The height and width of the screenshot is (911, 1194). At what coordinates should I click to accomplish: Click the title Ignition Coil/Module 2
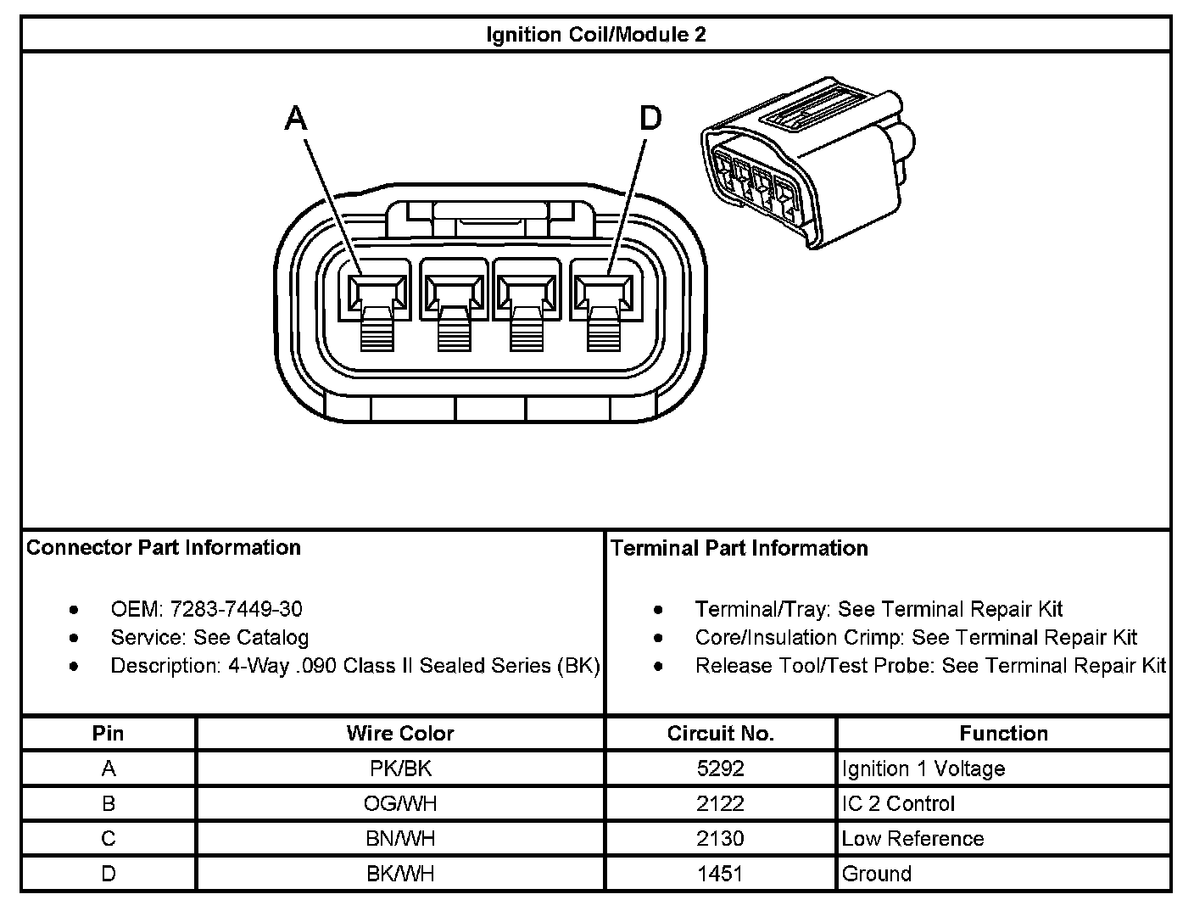[595, 35]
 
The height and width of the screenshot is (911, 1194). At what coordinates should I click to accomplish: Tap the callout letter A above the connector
[295, 119]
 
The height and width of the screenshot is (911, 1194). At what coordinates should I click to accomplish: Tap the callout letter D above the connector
[650, 119]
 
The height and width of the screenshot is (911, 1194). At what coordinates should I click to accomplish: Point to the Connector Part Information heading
[164, 547]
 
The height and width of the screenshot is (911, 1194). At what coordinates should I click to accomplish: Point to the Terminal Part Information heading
[739, 548]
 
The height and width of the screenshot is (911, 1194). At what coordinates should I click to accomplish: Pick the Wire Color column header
[400, 733]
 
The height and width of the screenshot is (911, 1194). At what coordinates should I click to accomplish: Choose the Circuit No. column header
[720, 733]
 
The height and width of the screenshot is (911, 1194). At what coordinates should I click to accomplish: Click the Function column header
[1003, 733]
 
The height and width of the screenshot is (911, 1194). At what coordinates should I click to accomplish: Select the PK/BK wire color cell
[400, 768]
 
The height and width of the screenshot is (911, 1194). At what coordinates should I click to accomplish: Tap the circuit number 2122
[720, 803]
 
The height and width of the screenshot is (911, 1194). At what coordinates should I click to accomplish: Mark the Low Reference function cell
[912, 838]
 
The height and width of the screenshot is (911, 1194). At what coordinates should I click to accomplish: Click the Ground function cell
[876, 873]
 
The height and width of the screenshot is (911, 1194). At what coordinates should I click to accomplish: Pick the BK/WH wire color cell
[400, 873]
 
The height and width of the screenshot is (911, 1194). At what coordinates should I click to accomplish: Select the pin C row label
[108, 838]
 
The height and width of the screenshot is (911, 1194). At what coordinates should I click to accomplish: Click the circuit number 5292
[720, 768]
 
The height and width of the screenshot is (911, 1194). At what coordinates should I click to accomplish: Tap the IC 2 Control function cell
[898, 803]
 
